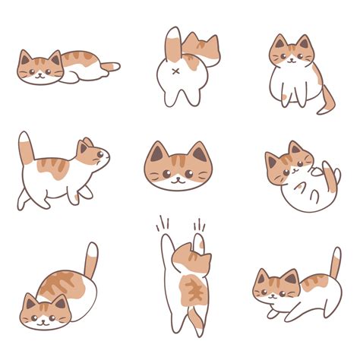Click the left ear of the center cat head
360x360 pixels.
(157, 153)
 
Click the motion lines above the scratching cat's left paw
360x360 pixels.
(163, 224)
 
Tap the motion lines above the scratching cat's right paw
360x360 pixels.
(200, 226)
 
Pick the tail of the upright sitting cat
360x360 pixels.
(327, 100)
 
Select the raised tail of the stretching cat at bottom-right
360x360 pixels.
(335, 263)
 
